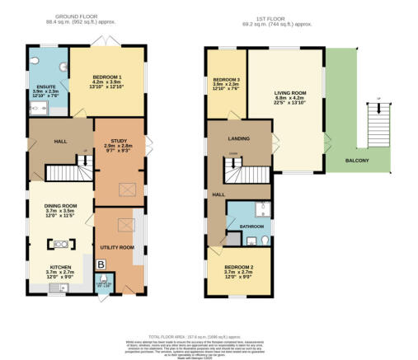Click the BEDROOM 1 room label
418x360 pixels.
(106, 76)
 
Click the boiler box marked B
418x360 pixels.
(101, 264)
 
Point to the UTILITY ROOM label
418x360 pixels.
(118, 246)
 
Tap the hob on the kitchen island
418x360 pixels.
(61, 244)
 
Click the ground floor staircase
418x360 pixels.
(64, 172)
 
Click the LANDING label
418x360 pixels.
(239, 139)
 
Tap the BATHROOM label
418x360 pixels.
(251, 226)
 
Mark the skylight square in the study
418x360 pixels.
(128, 190)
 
